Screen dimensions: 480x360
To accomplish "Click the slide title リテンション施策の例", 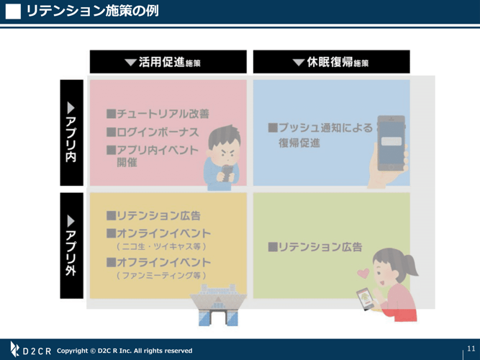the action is click(92, 11).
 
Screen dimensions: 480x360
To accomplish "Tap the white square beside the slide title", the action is click(13, 12).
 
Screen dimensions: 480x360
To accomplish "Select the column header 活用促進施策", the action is click(168, 62).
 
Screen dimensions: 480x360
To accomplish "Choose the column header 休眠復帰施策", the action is click(332, 62).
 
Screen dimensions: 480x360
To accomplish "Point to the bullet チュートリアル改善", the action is click(158, 114).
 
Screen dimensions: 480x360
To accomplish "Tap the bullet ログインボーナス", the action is click(153, 132).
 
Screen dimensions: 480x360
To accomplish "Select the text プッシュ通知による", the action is click(320, 127).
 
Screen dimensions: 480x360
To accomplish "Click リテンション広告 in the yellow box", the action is click(153, 216).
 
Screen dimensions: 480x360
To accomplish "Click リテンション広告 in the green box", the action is click(315, 247).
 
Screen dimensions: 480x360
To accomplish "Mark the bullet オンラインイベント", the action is click(158, 233).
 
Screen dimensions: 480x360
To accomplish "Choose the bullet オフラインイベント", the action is click(158, 262).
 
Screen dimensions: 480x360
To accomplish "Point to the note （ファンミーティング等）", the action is click(161, 276).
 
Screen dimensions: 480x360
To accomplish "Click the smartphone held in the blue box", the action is click(391, 143).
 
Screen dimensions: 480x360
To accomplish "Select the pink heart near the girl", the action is click(363, 274).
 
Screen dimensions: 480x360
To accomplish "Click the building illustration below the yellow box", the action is click(218, 305).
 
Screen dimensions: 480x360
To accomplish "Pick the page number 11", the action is click(471, 348).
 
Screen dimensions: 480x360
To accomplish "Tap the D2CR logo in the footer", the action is click(30, 350).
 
